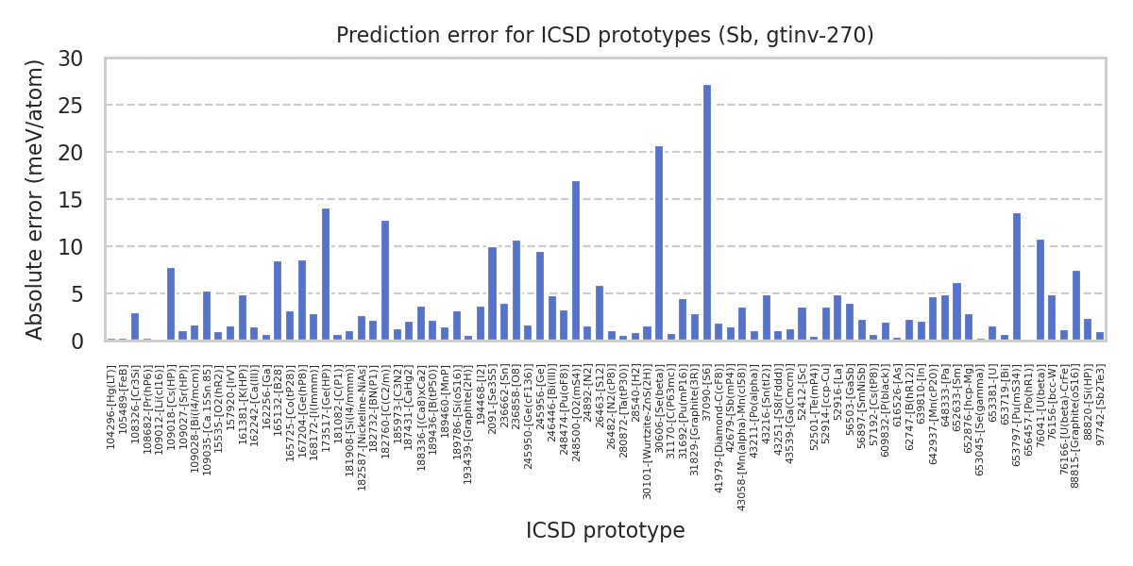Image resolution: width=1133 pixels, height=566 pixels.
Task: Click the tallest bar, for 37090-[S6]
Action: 707,213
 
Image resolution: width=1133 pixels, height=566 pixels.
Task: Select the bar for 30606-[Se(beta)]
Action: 659,243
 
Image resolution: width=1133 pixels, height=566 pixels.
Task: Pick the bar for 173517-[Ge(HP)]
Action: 326,275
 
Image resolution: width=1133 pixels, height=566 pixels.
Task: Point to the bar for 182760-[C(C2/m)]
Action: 385,281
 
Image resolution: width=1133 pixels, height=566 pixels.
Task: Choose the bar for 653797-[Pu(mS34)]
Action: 1017,277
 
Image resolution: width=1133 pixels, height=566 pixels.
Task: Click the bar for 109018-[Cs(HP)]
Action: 171,305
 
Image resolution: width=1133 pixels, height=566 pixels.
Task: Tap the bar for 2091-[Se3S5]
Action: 492,293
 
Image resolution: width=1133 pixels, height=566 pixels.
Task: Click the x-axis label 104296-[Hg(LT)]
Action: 111,408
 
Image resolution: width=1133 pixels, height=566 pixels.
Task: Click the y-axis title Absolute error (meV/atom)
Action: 36,199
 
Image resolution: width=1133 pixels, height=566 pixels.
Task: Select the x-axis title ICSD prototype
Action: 605,531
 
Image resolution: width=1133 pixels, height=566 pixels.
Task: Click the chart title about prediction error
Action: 605,36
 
